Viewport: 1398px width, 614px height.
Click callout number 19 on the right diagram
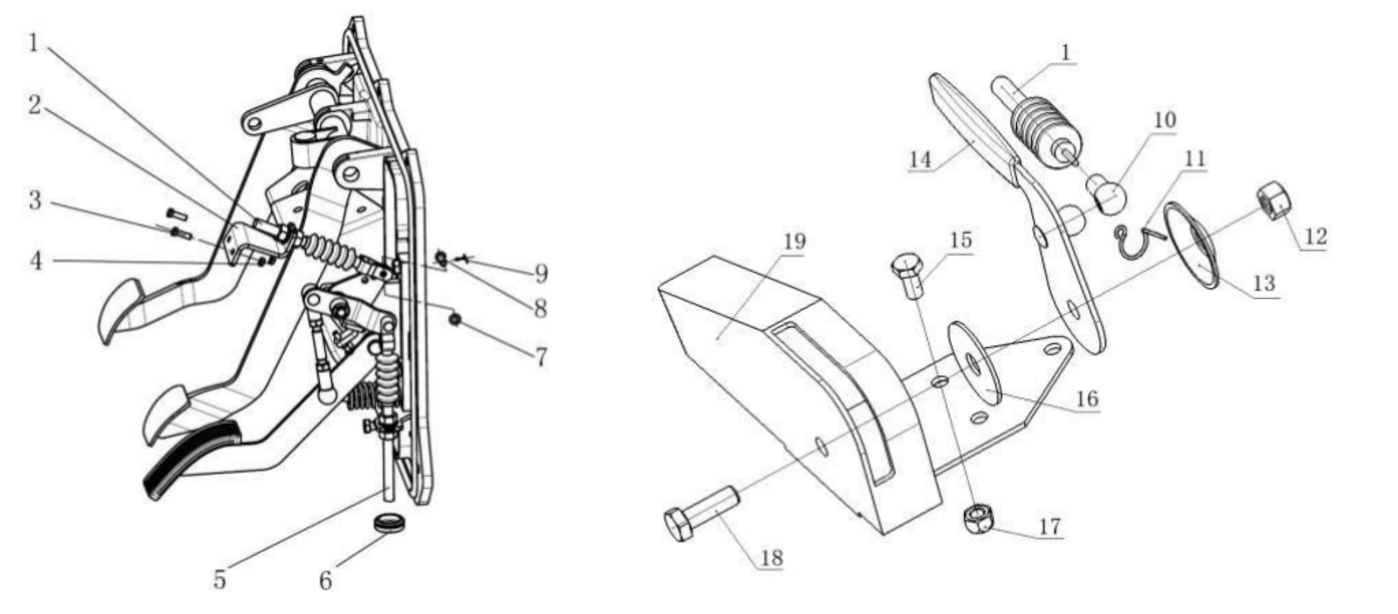(794, 241)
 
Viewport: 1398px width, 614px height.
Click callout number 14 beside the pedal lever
(920, 159)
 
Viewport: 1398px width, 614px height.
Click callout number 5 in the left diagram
(219, 580)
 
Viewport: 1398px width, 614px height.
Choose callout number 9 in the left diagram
(541, 273)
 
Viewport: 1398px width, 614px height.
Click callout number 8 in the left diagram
(540, 308)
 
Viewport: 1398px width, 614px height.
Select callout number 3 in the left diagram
(34, 201)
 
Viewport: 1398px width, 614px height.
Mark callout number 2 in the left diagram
(34, 105)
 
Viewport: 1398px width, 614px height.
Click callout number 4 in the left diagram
(35, 261)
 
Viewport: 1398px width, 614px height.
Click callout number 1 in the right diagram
(1065, 52)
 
